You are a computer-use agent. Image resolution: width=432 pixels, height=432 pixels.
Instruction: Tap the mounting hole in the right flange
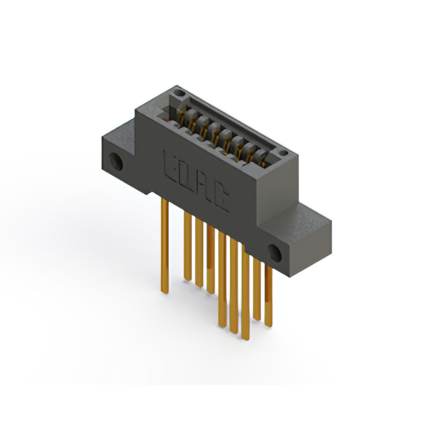pyautogui.click(x=275, y=253)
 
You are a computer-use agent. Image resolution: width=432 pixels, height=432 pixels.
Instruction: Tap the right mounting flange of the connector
pyautogui.click(x=297, y=236)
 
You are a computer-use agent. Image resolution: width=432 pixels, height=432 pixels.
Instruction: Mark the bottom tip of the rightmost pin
pyautogui.click(x=268, y=325)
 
